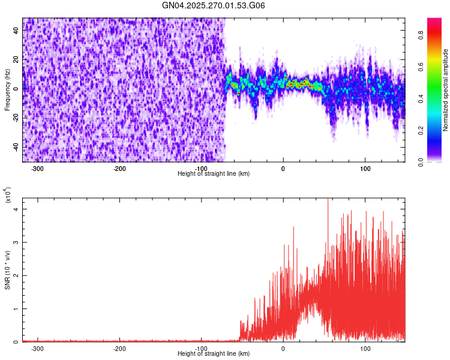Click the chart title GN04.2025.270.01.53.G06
[214, 5]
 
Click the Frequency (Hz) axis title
[7, 90]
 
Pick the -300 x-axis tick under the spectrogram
[37, 169]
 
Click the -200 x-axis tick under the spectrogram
[119, 169]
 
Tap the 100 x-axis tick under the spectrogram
[365, 169]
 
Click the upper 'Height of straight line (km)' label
[214, 174]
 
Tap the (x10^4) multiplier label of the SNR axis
[7, 196]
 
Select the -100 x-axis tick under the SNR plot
[202, 349]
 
